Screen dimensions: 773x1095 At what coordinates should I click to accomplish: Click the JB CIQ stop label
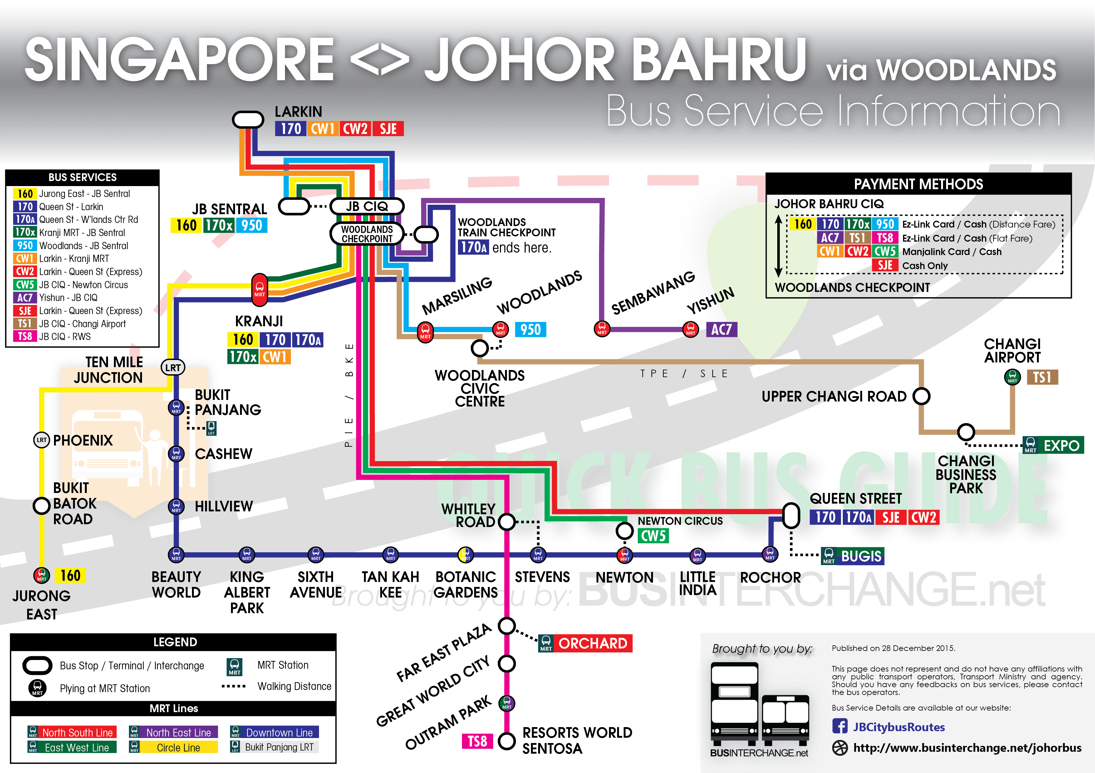367,206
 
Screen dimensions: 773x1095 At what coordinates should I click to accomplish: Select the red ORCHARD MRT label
592,643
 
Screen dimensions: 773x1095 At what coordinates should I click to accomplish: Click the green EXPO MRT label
1061,446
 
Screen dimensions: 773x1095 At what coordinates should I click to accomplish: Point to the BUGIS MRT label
860,556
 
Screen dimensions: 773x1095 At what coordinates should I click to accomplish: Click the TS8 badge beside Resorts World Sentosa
477,741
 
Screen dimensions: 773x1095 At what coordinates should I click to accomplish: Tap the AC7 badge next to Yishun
721,329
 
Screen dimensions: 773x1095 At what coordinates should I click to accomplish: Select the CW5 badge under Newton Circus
653,535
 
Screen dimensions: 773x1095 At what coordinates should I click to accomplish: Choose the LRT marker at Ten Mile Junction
173,368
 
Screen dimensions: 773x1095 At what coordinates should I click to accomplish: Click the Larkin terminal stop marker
248,119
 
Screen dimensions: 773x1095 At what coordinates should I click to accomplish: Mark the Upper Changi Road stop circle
921,396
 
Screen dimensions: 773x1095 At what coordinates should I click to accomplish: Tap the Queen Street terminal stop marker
791,515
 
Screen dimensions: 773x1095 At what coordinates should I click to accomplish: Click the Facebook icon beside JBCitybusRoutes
839,726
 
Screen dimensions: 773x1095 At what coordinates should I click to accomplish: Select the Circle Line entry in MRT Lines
178,747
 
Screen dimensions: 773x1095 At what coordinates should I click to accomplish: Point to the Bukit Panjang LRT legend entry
279,747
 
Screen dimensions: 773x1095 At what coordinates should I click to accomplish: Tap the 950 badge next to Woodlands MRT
530,329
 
